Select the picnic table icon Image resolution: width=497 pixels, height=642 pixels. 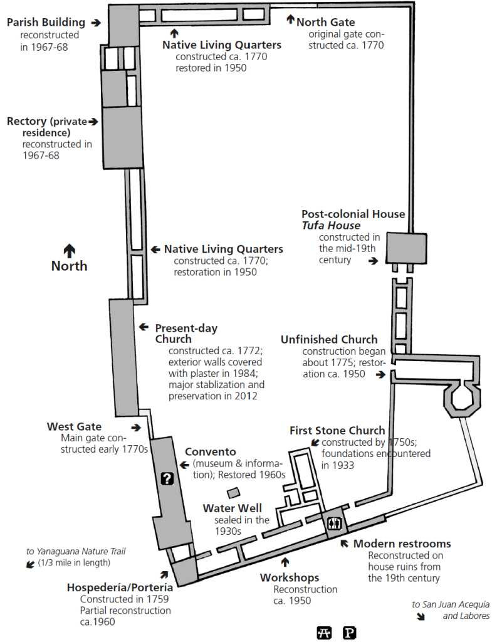pos(324,632)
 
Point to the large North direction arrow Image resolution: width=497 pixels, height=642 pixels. pos(69,250)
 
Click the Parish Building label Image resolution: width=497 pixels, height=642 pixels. pos(46,23)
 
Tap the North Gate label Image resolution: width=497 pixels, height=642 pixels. pos(325,22)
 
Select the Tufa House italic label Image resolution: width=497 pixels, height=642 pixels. pos(331,225)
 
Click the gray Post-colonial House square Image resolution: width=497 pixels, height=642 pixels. pos(405,248)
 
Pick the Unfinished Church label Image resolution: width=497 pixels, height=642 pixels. pos(329,339)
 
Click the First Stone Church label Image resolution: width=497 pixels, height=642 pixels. pos(337,430)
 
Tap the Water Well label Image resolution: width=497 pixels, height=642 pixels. pos(232,508)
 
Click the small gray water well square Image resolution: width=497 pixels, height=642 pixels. pos(233,493)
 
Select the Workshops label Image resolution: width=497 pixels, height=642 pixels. pos(290,577)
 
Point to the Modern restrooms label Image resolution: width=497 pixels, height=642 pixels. pos(402,544)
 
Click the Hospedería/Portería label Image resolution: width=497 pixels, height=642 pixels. pos(120,587)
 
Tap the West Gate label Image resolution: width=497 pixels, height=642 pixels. pos(74,426)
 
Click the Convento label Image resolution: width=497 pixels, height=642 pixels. pos(210,452)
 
